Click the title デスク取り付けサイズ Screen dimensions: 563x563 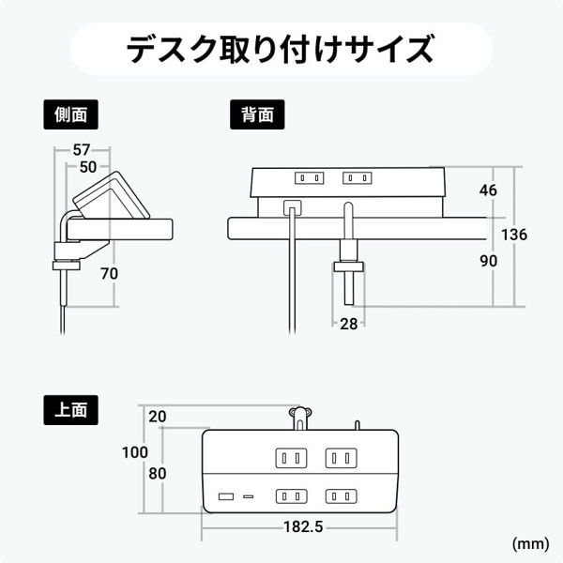coord(281,47)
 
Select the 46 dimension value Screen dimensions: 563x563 coord(487,190)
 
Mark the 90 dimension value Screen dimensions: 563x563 coord(487,262)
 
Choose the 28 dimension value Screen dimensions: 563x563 coord(349,324)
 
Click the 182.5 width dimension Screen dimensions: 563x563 coord(302,526)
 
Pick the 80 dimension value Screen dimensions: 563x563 coord(157,473)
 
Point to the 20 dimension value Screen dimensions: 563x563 coord(157,416)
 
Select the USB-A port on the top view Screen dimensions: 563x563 coord(226,495)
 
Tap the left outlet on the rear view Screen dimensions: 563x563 coord(310,177)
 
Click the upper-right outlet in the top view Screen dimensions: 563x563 coord(341,458)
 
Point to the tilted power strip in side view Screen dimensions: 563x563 coord(111,196)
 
